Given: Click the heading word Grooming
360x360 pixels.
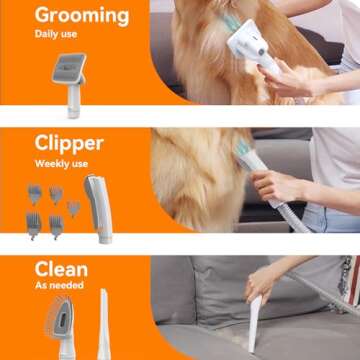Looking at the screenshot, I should pyautogui.click(x=81, y=16).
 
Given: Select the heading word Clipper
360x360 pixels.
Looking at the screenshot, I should pyautogui.click(x=69, y=143).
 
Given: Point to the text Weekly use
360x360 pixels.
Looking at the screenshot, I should pyautogui.click(x=63, y=163).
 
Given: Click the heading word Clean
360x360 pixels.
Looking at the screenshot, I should pyautogui.click(x=61, y=270).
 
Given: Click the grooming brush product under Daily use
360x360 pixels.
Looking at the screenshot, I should pyautogui.click(x=69, y=73).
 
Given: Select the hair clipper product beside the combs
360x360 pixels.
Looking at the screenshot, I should pyautogui.click(x=97, y=205).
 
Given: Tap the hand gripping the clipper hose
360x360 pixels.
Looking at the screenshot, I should pyautogui.click(x=276, y=185).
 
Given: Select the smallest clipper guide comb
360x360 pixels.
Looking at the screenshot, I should pyautogui.click(x=74, y=208).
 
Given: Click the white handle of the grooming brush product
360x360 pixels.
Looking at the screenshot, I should pyautogui.click(x=73, y=97).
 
